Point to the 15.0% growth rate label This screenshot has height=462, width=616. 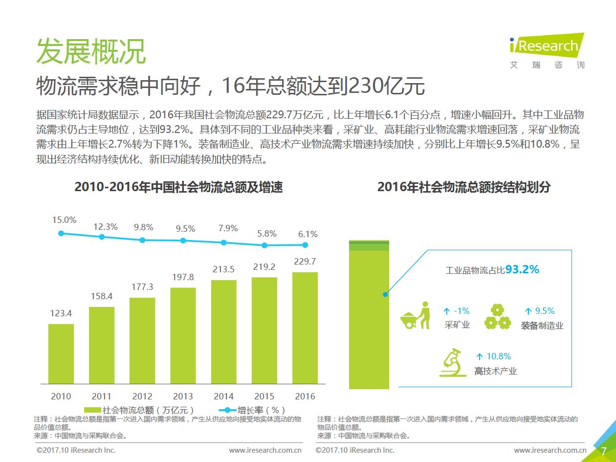(x=65, y=220)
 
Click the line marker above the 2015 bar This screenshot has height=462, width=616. (x=264, y=245)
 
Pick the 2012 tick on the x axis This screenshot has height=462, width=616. (x=142, y=396)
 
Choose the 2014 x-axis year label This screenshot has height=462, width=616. (x=223, y=396)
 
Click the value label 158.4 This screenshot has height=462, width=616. (x=102, y=296)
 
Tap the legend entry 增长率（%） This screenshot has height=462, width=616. (x=254, y=410)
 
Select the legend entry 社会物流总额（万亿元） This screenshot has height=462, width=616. (x=142, y=410)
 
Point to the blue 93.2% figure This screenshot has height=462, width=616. (x=522, y=269)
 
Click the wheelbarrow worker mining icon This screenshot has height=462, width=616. (x=415, y=316)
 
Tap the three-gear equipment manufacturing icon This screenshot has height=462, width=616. (x=497, y=317)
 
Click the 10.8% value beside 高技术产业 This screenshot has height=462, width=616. (x=498, y=356)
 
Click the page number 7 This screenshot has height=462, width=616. (x=603, y=450)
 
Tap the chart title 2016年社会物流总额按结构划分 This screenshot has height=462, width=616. (x=464, y=187)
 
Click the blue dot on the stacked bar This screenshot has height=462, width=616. (x=386, y=294)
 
